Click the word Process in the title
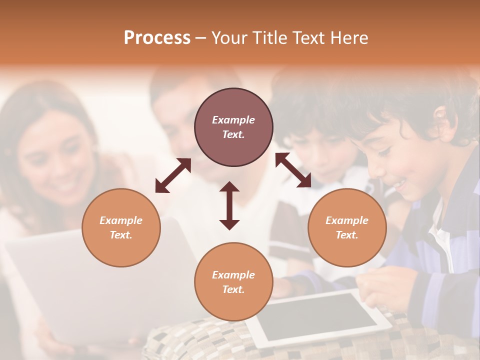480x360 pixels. coord(157,38)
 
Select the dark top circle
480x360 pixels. coord(233,127)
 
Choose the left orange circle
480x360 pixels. coord(121,227)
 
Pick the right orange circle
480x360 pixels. coord(347,227)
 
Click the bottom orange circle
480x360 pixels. coord(233,282)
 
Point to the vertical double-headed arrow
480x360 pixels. coord(229,205)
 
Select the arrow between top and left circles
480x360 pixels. coord(173,175)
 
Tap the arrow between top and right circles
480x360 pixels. coord(293,170)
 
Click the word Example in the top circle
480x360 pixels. coord(233,120)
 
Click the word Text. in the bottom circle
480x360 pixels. coord(233,289)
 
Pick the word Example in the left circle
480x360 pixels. coord(121,220)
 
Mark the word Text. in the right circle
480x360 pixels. coord(347,235)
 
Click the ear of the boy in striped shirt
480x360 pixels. coord(440,120)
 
